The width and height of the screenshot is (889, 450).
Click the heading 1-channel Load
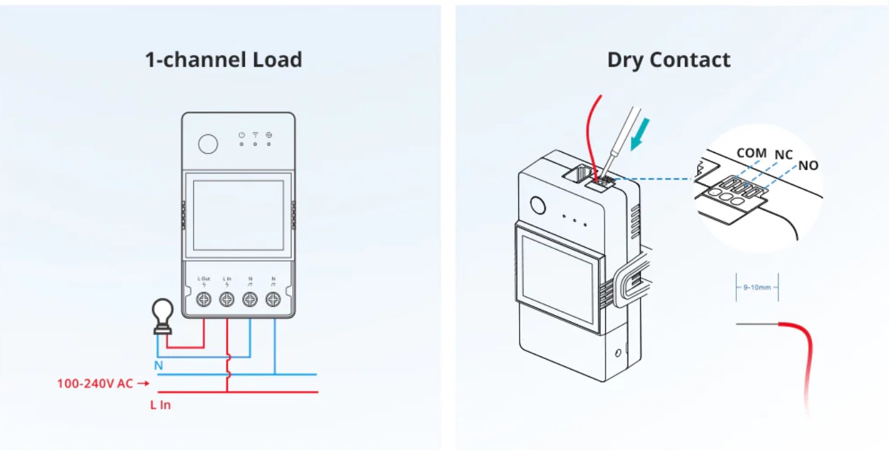point(223,60)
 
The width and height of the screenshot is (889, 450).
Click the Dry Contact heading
point(668,60)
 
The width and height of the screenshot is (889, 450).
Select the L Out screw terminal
point(204,300)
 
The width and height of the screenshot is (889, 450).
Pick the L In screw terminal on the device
point(227,300)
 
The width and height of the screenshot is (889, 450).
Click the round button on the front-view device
point(208,144)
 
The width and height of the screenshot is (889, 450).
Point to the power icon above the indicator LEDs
point(242,135)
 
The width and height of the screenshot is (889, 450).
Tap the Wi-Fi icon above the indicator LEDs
point(256,135)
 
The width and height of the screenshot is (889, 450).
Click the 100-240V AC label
point(95,383)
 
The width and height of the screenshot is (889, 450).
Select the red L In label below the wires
point(160,405)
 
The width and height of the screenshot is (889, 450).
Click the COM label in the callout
point(751,153)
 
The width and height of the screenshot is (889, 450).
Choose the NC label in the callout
point(784,155)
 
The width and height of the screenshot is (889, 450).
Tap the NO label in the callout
point(808,165)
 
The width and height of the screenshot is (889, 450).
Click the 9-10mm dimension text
point(757,287)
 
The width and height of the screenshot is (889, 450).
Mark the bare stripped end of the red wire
point(757,323)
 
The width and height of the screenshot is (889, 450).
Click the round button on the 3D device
point(538,206)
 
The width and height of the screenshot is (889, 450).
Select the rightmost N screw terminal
point(272,300)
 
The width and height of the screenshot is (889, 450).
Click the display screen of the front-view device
point(238,215)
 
